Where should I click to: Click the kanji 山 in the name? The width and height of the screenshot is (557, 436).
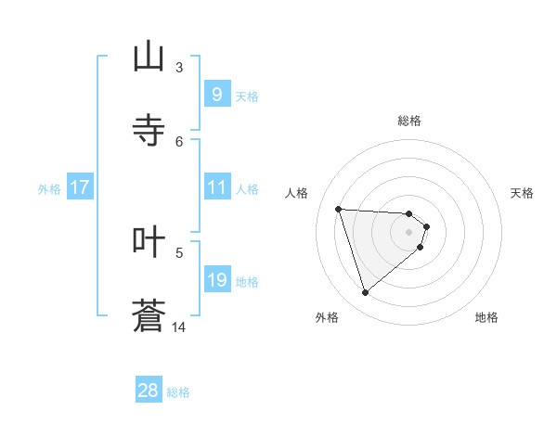pyautogui.click(x=149, y=57)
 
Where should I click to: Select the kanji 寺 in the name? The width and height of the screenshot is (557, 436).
pyautogui.click(x=149, y=131)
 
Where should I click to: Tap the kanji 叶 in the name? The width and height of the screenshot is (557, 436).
pyautogui.click(x=149, y=241)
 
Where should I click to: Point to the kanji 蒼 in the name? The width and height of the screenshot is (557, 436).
pyautogui.click(x=149, y=315)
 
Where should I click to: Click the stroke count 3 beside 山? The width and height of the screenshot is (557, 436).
pyautogui.click(x=179, y=67)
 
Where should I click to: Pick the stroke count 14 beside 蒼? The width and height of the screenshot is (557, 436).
pyautogui.click(x=179, y=327)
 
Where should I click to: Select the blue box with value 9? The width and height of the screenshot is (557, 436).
pyautogui.click(x=216, y=95)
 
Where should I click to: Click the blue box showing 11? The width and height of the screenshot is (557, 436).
pyautogui.click(x=216, y=187)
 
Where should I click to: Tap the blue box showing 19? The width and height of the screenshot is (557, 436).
pyautogui.click(x=216, y=280)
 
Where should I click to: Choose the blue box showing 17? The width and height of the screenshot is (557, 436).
pyautogui.click(x=79, y=187)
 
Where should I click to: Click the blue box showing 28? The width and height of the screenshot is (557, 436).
pyautogui.click(x=149, y=391)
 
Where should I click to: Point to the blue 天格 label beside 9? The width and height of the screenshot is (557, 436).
pyautogui.click(x=247, y=96)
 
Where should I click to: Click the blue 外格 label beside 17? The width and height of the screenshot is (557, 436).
pyautogui.click(x=49, y=188)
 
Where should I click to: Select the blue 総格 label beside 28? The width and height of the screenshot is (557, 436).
pyautogui.click(x=179, y=392)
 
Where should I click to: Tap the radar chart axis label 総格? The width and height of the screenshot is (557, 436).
pyautogui.click(x=409, y=121)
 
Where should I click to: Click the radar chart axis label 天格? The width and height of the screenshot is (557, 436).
pyautogui.click(x=522, y=193)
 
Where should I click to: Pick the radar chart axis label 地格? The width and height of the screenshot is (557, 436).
pyautogui.click(x=486, y=317)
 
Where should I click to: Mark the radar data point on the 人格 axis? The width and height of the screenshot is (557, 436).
pyautogui.click(x=338, y=209)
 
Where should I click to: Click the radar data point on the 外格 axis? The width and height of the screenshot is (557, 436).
pyautogui.click(x=365, y=293)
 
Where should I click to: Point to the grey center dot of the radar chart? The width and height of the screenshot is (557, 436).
pyautogui.click(x=409, y=232)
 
